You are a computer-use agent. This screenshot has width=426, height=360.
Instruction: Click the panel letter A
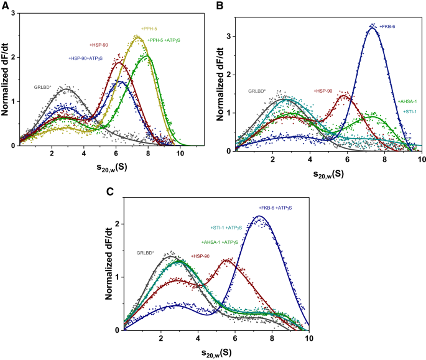[6, 6]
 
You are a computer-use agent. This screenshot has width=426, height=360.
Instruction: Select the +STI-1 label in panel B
[409, 111]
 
